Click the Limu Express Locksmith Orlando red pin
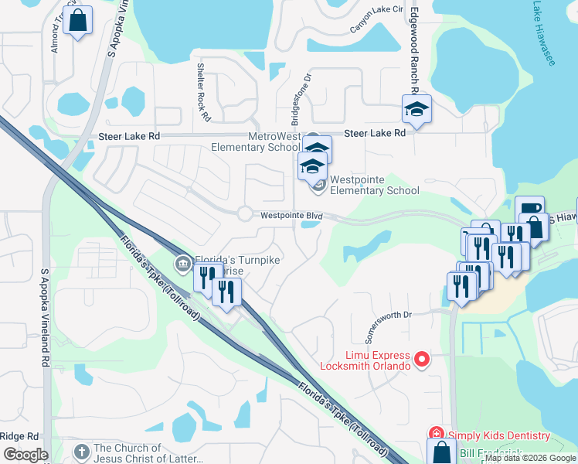(422, 359)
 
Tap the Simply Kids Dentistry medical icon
(436, 436)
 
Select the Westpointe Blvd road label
(291, 216)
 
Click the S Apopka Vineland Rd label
(46, 317)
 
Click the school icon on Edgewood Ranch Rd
(416, 109)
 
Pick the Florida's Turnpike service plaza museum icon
(183, 264)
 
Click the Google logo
(25, 455)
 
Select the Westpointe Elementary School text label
(374, 185)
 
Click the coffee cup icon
(529, 209)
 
